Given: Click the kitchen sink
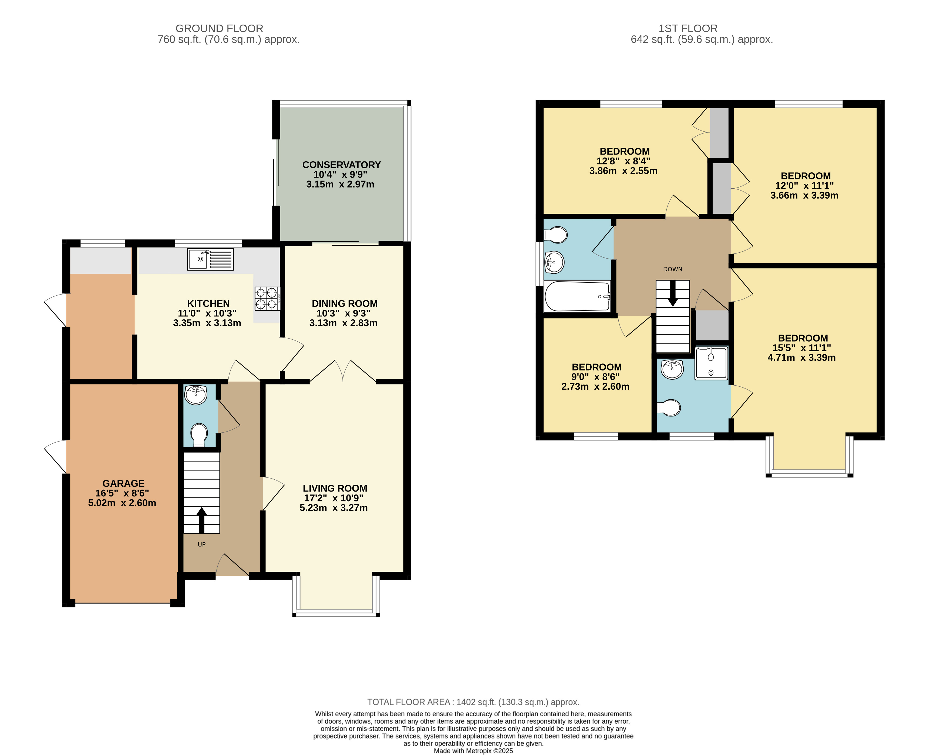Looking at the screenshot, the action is [210, 259].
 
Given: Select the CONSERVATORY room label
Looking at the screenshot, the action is [341, 165].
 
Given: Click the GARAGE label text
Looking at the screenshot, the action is [123, 483].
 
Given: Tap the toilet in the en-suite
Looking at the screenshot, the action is [669, 408].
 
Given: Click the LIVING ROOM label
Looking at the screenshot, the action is [335, 488].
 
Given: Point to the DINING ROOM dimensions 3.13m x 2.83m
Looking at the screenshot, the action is [343, 323].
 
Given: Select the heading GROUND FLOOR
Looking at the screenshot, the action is [219, 29].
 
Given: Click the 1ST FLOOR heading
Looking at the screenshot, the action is [688, 29].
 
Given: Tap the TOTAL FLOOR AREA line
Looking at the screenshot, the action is [473, 702].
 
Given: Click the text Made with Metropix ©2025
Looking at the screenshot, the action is [473, 751].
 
